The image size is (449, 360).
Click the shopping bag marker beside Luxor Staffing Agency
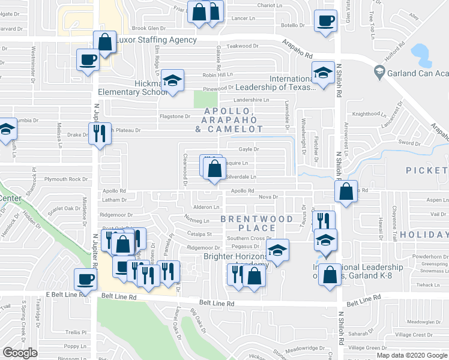[x=105, y=43]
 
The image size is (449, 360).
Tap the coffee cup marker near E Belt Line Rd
[x=85, y=279]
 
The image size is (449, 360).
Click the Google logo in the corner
[x=19, y=353]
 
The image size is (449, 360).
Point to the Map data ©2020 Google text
[x=412, y=355]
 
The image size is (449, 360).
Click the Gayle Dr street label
[x=248, y=149]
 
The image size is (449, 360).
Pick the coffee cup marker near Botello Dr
[x=326, y=22]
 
